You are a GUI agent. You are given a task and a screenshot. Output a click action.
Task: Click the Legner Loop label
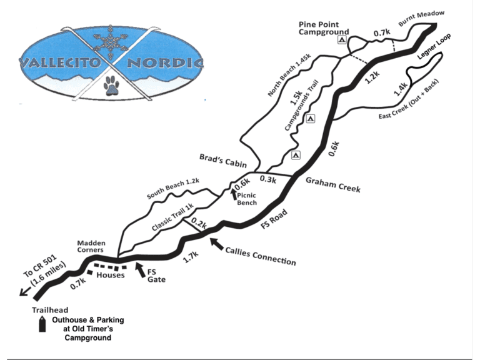(449, 48)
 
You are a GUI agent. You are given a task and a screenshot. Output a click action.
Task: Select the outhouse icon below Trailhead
(42, 324)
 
